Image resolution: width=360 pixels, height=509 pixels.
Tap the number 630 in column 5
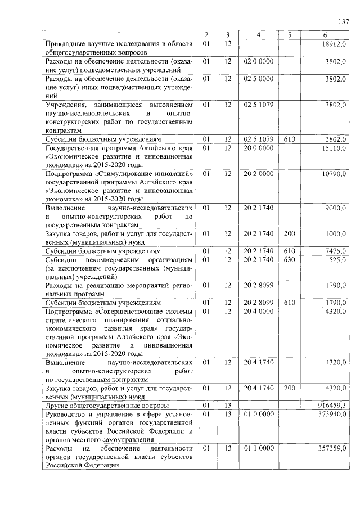[290, 259]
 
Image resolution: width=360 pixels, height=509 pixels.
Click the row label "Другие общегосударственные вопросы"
[106, 406]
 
